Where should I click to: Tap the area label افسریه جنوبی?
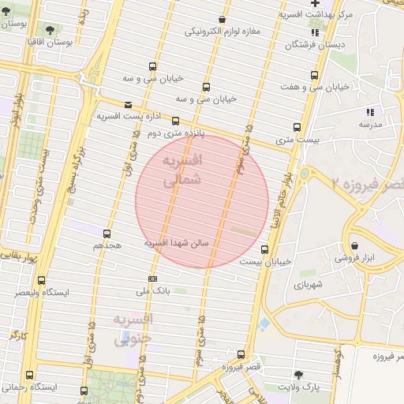[132, 330]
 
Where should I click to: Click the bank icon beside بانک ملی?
[151, 279]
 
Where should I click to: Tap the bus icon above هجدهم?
[107, 233]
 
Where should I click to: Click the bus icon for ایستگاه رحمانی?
[30, 375]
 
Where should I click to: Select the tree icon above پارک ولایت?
[298, 374]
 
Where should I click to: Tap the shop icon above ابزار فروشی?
[354, 245]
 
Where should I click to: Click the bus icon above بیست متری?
[297, 126]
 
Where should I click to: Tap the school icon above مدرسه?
[370, 111]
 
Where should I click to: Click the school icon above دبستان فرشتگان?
[315, 32]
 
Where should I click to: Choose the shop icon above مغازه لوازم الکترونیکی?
[223, 19]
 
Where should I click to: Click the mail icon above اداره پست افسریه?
[129, 103]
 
